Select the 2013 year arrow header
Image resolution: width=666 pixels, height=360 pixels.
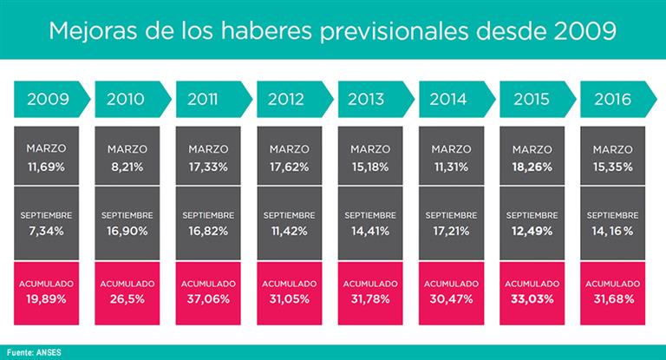371,99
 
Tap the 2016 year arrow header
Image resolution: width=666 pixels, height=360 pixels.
613,99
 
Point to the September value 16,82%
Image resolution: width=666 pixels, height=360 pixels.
208,230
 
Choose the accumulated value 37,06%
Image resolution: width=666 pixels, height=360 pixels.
208,298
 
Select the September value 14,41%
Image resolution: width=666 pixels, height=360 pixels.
370,230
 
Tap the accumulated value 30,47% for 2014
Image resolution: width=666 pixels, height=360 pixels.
451,298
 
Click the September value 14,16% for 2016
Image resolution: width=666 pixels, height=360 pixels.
613,230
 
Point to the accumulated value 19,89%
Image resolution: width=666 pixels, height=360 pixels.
47,298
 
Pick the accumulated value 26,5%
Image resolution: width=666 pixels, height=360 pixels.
127,298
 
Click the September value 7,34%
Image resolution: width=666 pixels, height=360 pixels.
47,230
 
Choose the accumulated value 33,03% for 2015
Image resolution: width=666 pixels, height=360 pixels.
532,298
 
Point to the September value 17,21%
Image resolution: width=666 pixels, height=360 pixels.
451,230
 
